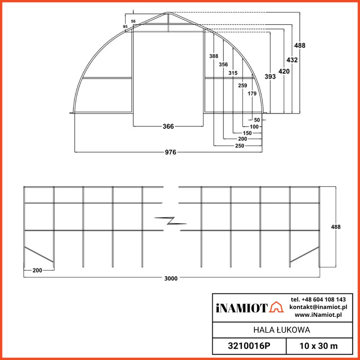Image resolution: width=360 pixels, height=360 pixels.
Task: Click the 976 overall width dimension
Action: [x=170, y=153]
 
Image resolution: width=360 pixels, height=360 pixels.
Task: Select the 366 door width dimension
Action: [x=168, y=127]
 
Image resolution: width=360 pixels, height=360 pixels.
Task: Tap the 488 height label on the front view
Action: [x=300, y=45]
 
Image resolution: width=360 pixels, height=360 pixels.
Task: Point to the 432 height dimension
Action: [x=292, y=60]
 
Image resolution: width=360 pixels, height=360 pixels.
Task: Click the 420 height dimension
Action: [x=284, y=71]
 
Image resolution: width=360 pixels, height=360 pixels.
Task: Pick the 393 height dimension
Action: [x=270, y=77]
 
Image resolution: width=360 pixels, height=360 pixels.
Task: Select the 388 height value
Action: [x=213, y=56]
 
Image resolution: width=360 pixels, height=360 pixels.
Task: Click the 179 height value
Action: [x=252, y=94]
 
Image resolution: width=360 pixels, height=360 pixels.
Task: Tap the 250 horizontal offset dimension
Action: [x=240, y=146]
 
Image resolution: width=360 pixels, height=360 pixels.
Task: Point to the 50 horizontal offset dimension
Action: [x=257, y=120]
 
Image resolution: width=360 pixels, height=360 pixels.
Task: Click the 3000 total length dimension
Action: [x=171, y=278]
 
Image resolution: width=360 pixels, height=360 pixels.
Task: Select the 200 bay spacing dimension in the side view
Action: [x=38, y=270]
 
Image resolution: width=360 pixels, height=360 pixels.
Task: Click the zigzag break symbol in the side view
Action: [x=170, y=220]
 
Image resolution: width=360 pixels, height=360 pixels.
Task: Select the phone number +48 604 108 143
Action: [x=318, y=299]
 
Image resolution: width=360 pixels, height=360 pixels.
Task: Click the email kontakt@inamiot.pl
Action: [x=318, y=307]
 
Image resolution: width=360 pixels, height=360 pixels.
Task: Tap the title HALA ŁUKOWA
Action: [x=281, y=330]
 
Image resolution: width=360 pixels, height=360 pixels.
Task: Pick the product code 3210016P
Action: [x=249, y=347]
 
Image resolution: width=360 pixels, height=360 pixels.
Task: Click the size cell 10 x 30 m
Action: [x=319, y=347]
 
